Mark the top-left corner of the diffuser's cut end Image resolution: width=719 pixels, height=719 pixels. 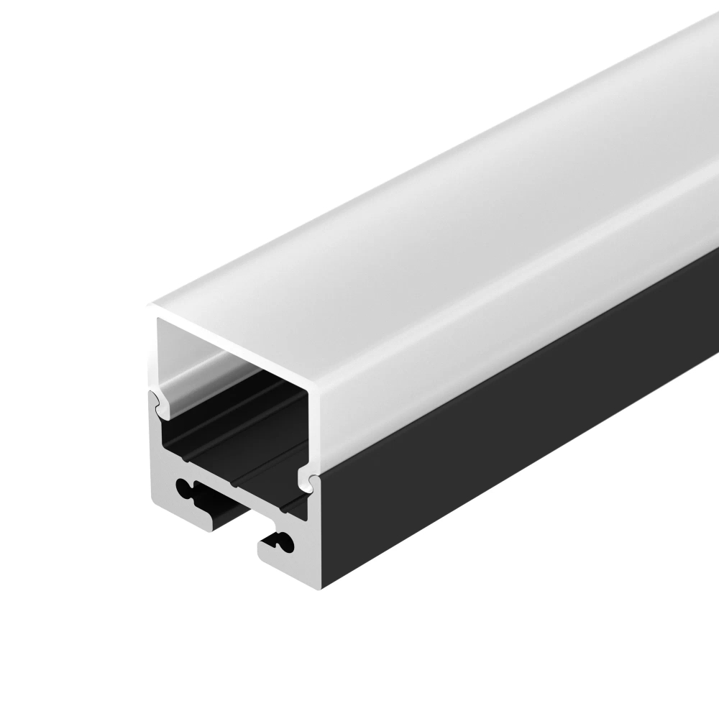pos(151,308)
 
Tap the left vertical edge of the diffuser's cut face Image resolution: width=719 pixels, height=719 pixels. pos(153,352)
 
